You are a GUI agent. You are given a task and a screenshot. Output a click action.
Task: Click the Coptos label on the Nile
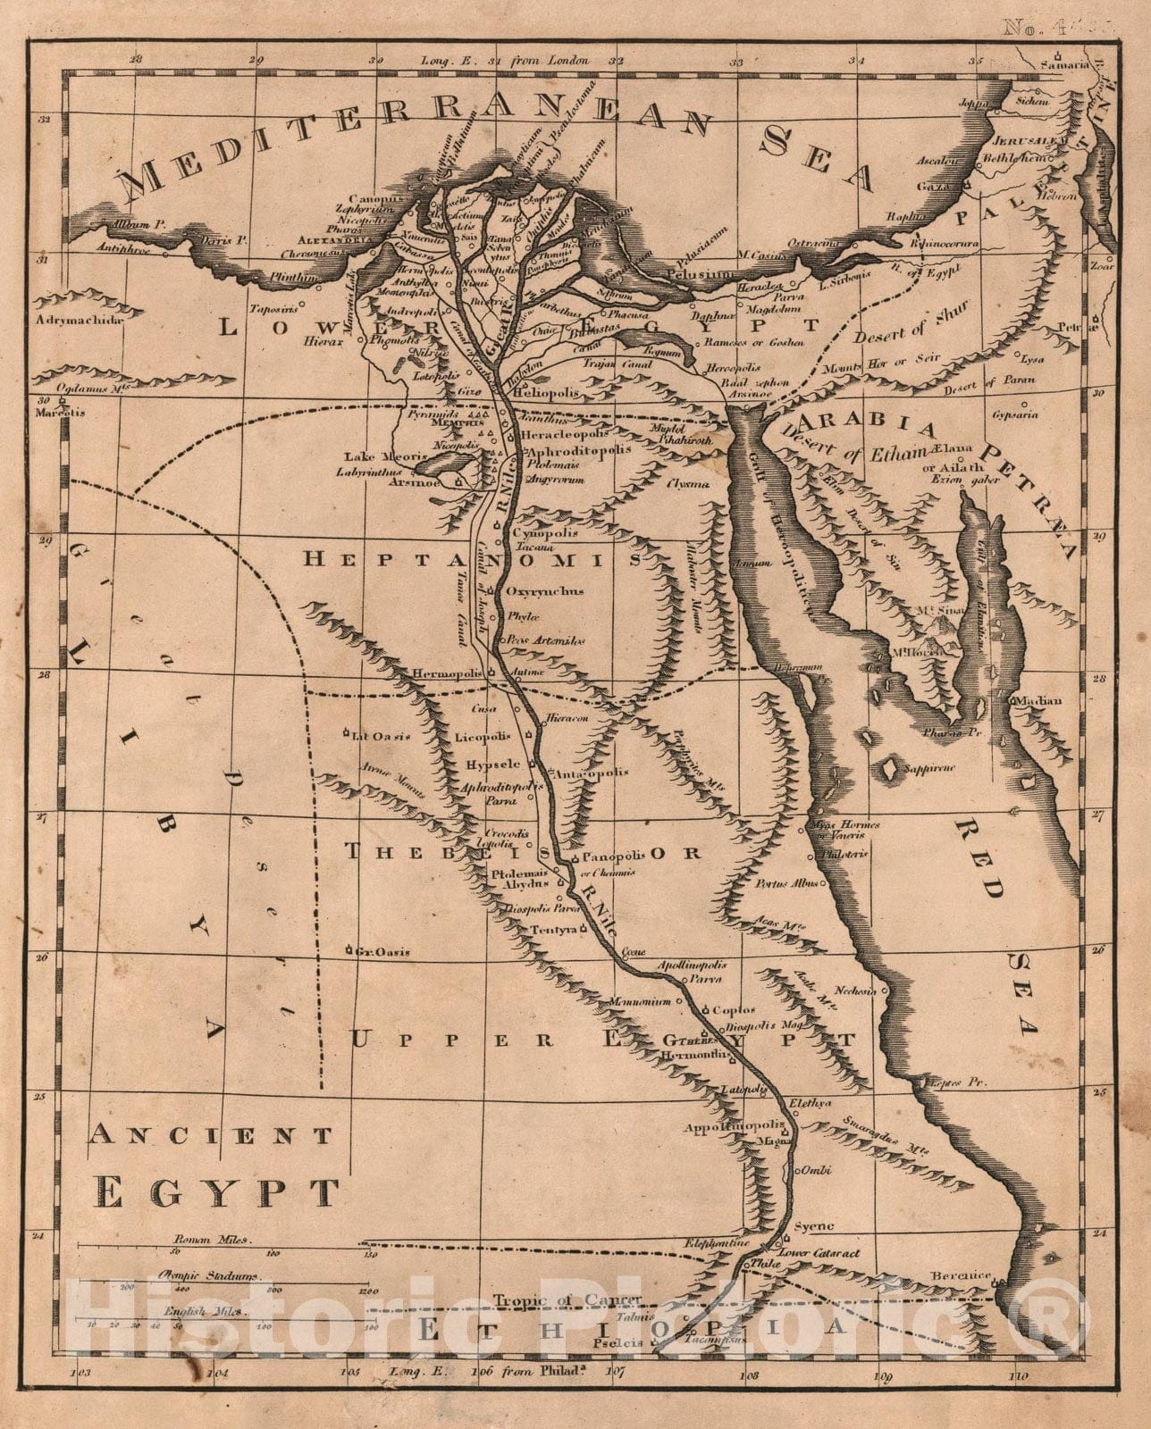tap(730, 1010)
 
